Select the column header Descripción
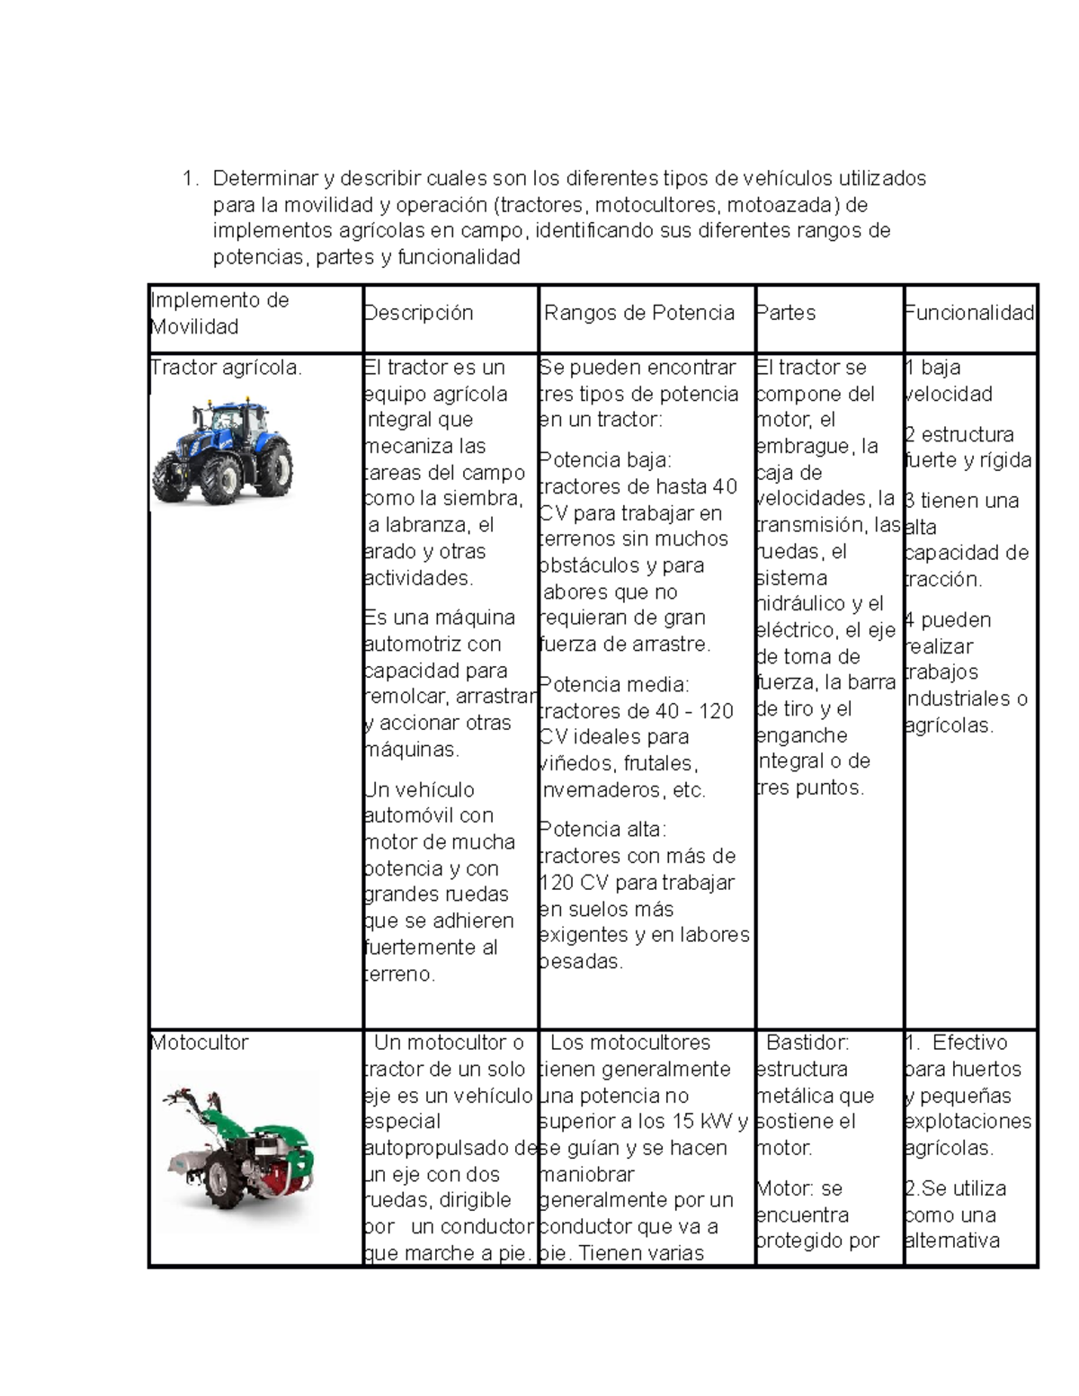[x=418, y=313]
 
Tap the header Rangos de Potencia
[x=639, y=313]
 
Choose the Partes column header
[x=787, y=313]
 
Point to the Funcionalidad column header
[x=970, y=313]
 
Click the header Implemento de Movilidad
[x=219, y=314]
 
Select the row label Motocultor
[x=200, y=1043]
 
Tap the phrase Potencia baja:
[x=604, y=460]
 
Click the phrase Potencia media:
[x=613, y=685]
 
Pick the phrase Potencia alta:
[x=602, y=829]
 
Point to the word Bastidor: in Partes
[x=807, y=1043]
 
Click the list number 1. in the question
[x=189, y=178]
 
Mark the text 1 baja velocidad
[x=950, y=380]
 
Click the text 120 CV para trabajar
[x=637, y=883]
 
